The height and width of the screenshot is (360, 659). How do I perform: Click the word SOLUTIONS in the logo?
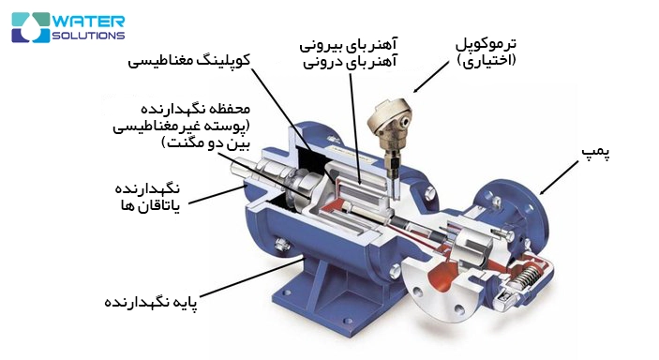85,35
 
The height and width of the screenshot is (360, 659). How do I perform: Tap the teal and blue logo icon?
28,27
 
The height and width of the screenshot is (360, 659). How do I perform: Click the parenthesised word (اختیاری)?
487,61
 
